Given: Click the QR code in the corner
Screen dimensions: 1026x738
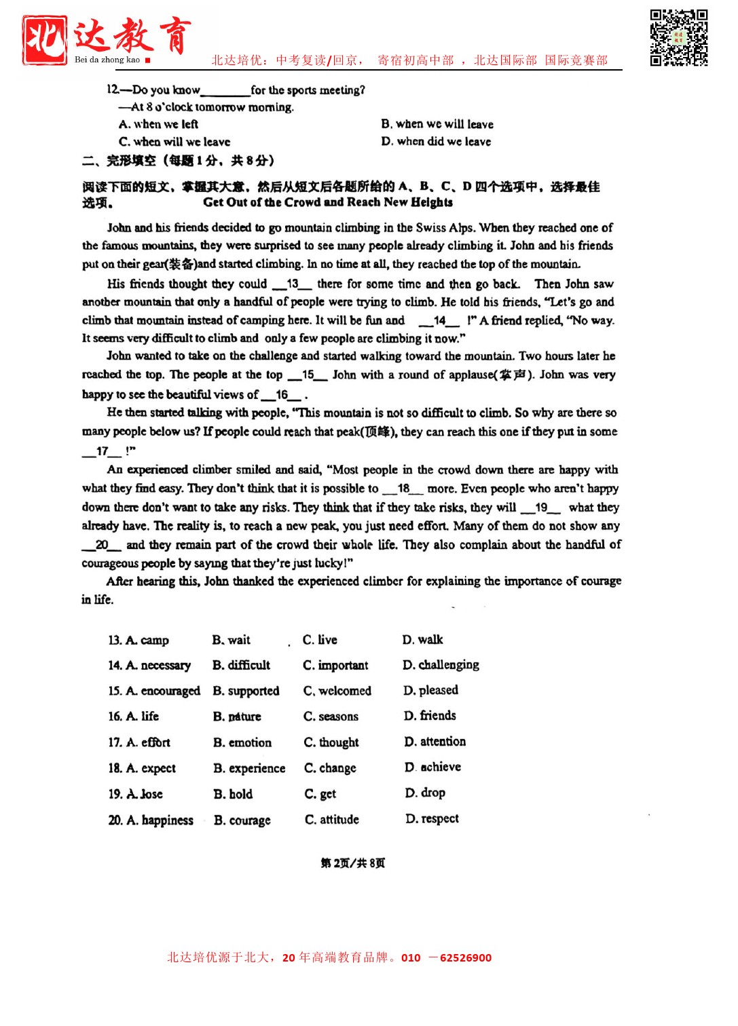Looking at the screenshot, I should (678, 37).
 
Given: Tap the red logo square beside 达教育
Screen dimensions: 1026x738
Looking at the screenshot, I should (45, 39).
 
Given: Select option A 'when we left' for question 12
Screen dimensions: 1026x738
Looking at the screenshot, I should (159, 124).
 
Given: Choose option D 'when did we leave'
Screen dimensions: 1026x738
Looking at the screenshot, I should (436, 141).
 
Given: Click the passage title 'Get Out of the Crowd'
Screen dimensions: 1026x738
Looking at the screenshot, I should (328, 202).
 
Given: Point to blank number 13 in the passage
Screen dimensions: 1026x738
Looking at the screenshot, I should (293, 284).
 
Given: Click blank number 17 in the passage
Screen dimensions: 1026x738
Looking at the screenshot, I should (102, 451).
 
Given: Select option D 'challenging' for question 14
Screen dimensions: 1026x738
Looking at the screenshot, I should (441, 665).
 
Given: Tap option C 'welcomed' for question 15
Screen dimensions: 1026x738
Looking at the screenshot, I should (337, 691).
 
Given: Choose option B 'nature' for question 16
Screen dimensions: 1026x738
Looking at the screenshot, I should (237, 717).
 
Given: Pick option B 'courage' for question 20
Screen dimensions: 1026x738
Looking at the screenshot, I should (242, 820).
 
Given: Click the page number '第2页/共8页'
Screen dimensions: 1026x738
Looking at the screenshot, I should (353, 863).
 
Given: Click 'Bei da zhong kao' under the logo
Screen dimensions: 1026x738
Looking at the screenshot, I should (107, 60).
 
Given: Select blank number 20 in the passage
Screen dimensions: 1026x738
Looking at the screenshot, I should (102, 545).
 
